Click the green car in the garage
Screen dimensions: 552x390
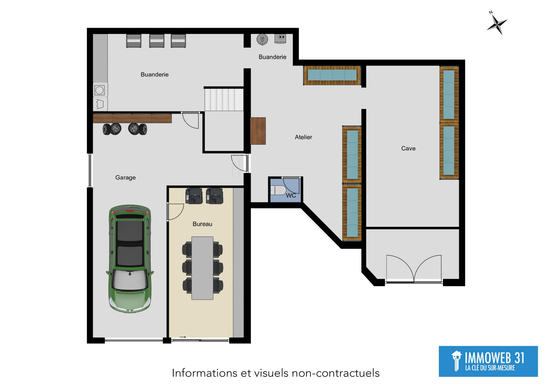[x=130, y=258]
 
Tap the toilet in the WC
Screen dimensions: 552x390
[x=278, y=190]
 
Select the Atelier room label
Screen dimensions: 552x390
[x=303, y=137]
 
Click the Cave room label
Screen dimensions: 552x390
[x=408, y=148]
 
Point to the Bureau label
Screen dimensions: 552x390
[x=202, y=224]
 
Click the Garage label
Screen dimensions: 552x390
[x=125, y=177]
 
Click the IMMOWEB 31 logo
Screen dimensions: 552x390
[x=488, y=361]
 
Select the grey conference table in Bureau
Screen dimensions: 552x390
[x=202, y=268]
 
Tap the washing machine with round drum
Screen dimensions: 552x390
[x=100, y=90]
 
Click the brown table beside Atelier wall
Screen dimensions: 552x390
[x=258, y=131]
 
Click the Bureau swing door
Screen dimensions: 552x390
[x=175, y=212]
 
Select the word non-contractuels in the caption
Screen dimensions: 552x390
[x=336, y=373]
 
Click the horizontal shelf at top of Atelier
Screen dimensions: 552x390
[x=332, y=75]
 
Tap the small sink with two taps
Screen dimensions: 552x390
[x=280, y=38]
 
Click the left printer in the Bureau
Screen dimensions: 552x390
[x=194, y=196]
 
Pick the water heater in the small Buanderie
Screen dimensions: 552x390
[x=262, y=39]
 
